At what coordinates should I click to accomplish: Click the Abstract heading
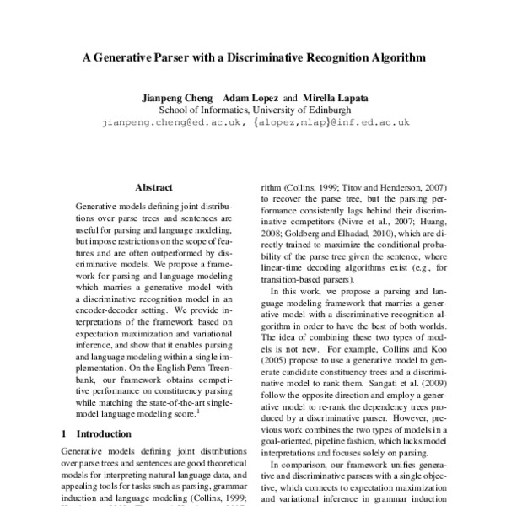(x=153, y=186)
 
